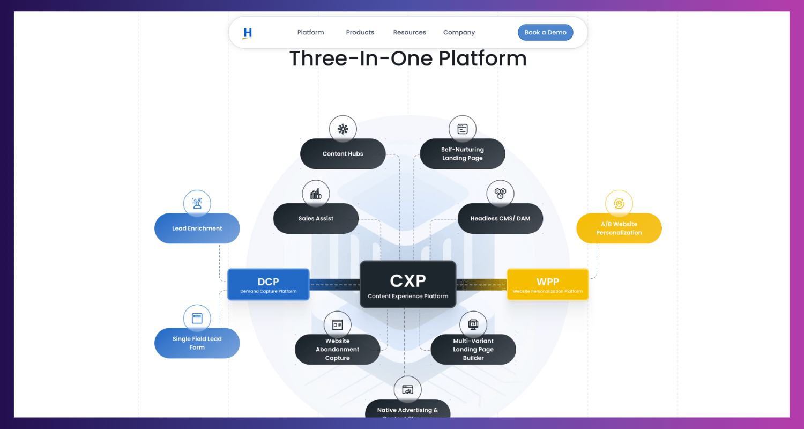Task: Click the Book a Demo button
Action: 545,32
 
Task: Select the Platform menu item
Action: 310,32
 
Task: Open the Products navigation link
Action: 360,32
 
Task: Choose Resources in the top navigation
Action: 410,32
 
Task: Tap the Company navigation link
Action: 459,32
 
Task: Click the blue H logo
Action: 247,33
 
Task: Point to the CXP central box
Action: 408,284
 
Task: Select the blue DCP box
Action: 268,284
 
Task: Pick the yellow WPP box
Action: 547,284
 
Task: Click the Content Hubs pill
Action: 343,154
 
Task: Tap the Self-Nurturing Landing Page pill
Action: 462,154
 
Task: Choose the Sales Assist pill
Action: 316,218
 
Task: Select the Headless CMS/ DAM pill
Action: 500,218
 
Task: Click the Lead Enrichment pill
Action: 197,228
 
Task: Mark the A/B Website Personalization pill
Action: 619,228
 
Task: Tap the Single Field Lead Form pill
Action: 197,343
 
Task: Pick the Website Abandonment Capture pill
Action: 337,350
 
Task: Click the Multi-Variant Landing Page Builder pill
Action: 473,350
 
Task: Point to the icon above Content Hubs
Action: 343,129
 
